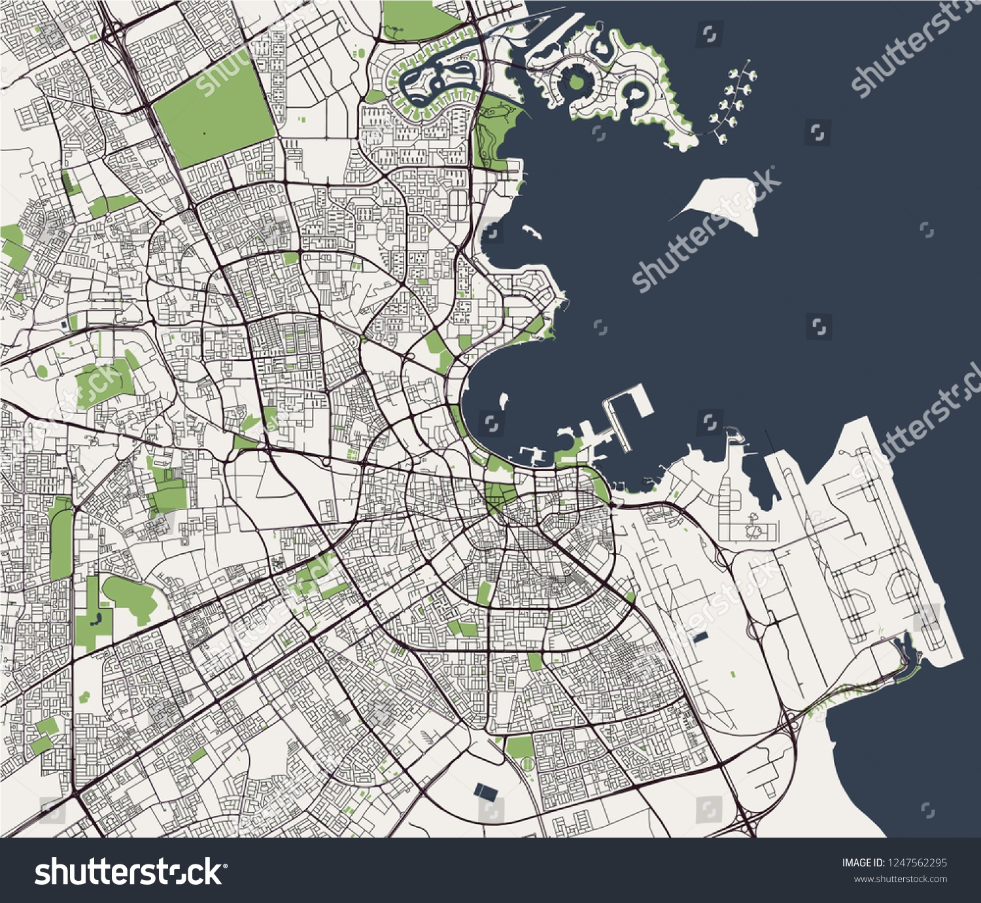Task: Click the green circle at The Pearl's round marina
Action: tap(576, 82)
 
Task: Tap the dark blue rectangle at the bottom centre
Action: tap(485, 792)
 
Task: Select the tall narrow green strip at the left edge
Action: tap(61, 543)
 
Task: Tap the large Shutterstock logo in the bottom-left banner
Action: tap(129, 872)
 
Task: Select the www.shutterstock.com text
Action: tap(901, 879)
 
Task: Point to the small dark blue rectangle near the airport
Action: tap(700, 636)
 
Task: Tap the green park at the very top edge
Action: tap(419, 20)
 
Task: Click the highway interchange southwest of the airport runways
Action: tap(791, 723)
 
